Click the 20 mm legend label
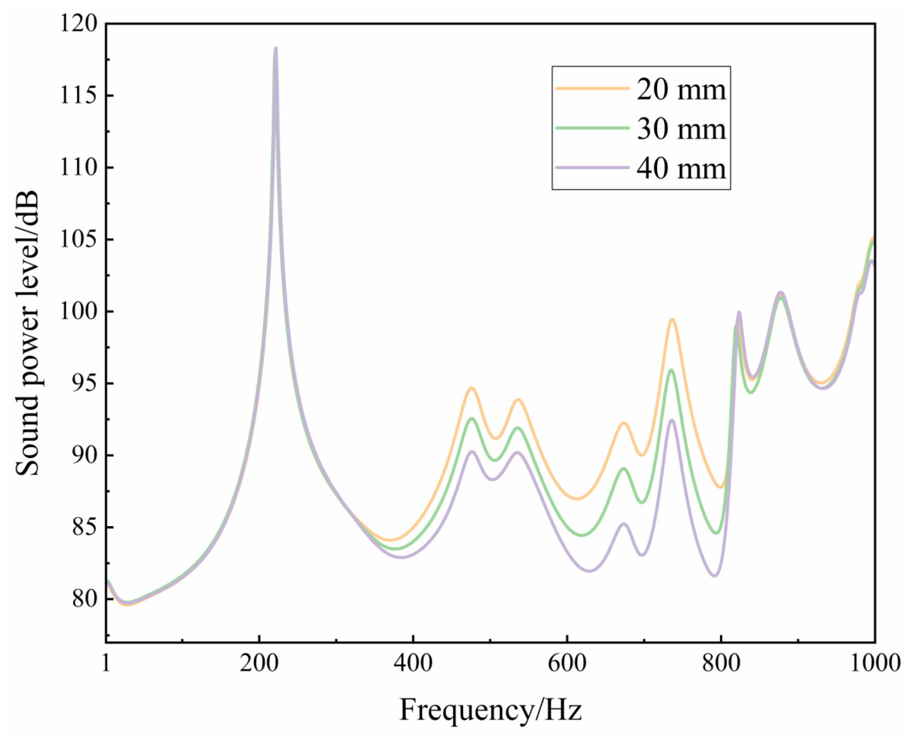(681, 90)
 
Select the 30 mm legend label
(681, 129)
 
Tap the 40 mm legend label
(681, 168)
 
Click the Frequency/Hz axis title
(491, 710)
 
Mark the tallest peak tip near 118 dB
(276, 48)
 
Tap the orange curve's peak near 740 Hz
(672, 319)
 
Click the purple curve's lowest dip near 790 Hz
(714, 575)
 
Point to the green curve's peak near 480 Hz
(472, 418)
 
